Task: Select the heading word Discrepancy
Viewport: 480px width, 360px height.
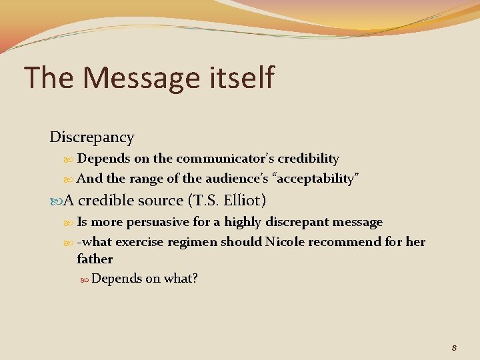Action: pyautogui.click(x=92, y=137)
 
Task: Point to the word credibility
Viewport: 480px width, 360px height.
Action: pyautogui.click(x=308, y=159)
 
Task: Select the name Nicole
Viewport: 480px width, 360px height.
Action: pyautogui.click(x=285, y=241)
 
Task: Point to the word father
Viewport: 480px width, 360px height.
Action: pyautogui.click(x=95, y=259)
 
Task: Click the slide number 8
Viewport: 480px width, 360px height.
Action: pyautogui.click(x=453, y=347)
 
